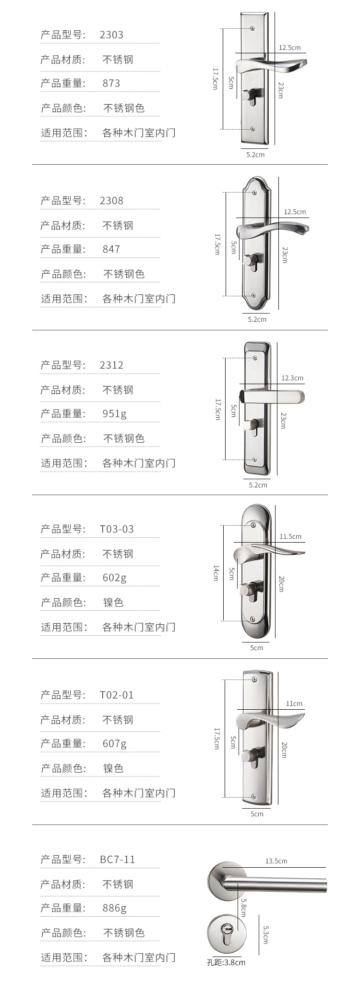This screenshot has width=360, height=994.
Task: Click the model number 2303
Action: [111, 35]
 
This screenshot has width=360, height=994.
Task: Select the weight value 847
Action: [111, 249]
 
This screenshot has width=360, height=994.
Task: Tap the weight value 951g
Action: [114, 413]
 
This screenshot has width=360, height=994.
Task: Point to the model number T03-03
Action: [117, 529]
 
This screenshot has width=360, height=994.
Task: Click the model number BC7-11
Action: [118, 859]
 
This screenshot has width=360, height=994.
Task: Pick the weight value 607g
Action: [114, 743]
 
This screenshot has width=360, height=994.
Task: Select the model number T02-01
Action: [117, 695]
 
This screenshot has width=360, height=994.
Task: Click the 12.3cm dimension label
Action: [292, 378]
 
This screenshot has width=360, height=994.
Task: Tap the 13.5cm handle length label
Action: [276, 861]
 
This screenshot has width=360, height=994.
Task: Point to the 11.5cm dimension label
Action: [290, 536]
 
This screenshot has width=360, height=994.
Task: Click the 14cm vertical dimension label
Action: [216, 572]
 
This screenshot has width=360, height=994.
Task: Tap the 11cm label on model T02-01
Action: [294, 703]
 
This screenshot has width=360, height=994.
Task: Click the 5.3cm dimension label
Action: [265, 933]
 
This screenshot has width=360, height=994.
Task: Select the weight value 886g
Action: [114, 908]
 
